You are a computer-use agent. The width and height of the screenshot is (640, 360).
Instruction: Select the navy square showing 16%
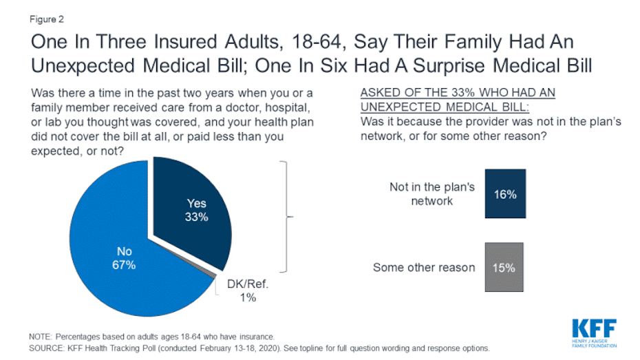[x=504, y=195]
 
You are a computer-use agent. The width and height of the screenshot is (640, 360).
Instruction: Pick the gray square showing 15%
[x=504, y=267]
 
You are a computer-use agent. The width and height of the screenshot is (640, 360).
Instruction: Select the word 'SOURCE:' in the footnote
[x=47, y=348]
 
